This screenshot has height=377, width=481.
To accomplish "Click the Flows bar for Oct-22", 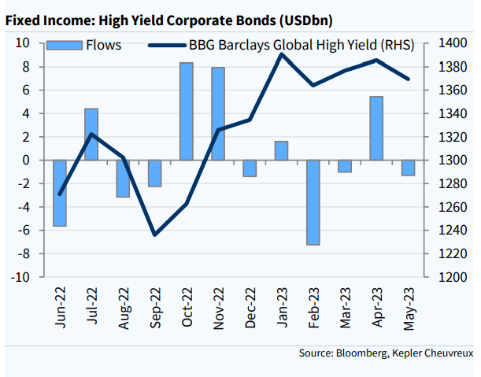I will coord(187,111).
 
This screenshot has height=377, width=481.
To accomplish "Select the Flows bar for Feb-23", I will coord(313,202).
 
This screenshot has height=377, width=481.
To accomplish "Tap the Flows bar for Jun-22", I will coord(60,193).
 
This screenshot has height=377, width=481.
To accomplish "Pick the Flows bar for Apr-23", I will coord(376,128).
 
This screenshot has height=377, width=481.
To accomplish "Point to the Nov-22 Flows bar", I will coord(218,113).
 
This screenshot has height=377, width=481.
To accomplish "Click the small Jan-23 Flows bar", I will coord(281,150).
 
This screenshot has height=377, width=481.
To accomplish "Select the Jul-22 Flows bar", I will coord(91,134).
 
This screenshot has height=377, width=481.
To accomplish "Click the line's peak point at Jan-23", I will coord(282,54).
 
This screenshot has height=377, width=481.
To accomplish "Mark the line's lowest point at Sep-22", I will coord(155,235).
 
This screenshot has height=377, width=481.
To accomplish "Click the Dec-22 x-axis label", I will coord(250,308).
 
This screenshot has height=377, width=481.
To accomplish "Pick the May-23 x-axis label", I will coord(408,308).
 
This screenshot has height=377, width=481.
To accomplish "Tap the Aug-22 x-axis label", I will coord(124,308).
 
